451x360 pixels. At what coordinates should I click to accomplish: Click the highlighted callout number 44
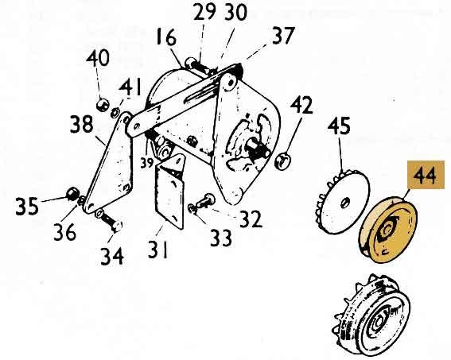(x=426, y=175)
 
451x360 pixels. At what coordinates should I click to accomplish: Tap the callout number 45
(x=339, y=126)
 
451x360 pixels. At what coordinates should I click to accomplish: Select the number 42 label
(x=301, y=105)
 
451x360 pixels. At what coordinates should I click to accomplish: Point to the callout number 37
(x=284, y=35)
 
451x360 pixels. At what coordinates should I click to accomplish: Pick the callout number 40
(x=98, y=58)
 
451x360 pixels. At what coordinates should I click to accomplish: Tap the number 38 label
(x=82, y=124)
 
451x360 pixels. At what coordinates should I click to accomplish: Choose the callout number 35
(x=27, y=206)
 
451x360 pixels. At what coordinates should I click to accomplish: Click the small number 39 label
(x=146, y=163)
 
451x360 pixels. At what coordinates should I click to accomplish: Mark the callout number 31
(x=158, y=250)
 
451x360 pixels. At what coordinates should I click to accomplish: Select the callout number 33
(x=221, y=238)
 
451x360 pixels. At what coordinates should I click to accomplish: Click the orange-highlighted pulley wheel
(x=388, y=229)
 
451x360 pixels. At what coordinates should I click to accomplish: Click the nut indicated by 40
(x=102, y=104)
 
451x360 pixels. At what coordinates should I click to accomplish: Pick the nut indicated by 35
(x=72, y=194)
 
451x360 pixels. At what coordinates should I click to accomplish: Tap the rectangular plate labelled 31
(x=169, y=192)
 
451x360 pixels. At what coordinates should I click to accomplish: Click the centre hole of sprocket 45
(x=345, y=203)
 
